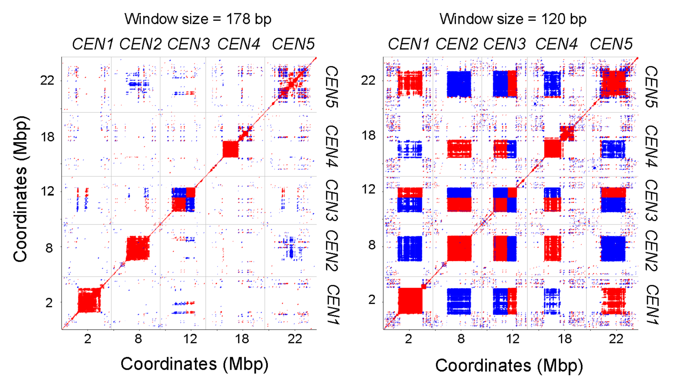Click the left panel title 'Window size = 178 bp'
click(x=198, y=19)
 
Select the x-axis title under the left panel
click(x=195, y=364)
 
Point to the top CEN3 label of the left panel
click(x=189, y=44)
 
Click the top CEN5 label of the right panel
click(x=611, y=44)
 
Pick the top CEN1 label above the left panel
click(x=93, y=44)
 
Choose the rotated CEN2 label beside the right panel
click(x=652, y=251)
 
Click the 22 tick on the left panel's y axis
click(x=47, y=80)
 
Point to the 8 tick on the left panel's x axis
click(x=138, y=339)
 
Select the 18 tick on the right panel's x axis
click(x=565, y=339)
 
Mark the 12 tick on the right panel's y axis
click(x=368, y=190)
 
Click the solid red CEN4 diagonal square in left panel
click(x=231, y=149)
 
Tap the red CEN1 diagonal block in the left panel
click(x=89, y=300)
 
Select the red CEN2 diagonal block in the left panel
click(x=138, y=248)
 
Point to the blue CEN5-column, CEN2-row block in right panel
click(x=613, y=248)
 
